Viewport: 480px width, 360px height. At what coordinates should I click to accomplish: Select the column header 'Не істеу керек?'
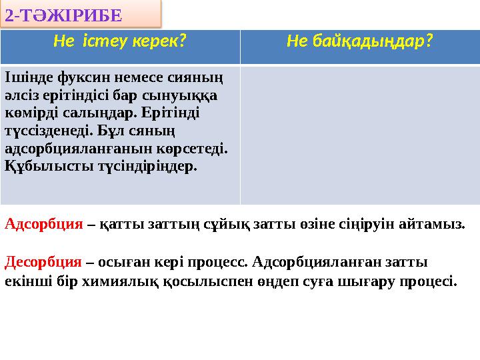(x=119, y=42)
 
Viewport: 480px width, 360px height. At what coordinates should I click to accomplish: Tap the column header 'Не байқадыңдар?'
(x=359, y=42)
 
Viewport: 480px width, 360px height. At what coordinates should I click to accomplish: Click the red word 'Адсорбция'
(x=43, y=224)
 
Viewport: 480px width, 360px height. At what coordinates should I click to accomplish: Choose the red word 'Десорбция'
(x=43, y=261)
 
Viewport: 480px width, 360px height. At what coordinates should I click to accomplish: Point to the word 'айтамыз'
(x=437, y=224)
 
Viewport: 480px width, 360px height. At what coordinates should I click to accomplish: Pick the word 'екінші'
(x=25, y=281)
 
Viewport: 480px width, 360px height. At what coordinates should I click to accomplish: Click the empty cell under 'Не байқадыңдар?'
(x=359, y=133)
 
